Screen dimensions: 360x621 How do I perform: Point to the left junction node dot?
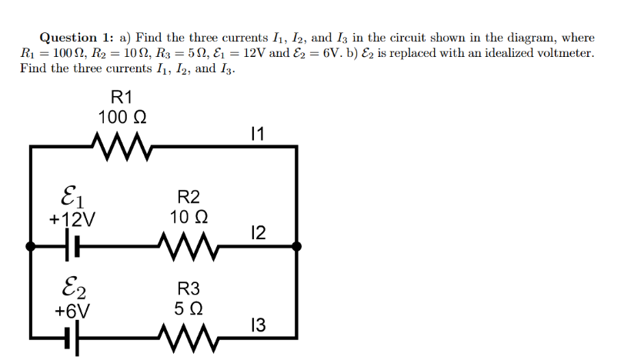coord(30,246)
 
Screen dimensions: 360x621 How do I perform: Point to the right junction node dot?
coord(297,246)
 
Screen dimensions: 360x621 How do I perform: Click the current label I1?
coord(258,134)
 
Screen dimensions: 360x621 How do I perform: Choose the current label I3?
coord(259,325)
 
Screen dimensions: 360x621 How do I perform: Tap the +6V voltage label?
coord(72,311)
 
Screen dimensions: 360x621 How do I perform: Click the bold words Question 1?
coord(76,37)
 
